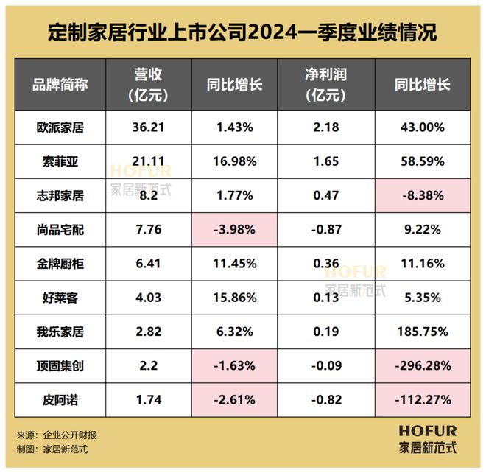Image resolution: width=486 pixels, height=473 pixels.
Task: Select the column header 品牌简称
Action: coord(60,84)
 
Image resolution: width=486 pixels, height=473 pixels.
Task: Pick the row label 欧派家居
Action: coord(60,127)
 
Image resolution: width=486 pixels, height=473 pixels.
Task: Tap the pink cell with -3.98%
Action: coord(235,230)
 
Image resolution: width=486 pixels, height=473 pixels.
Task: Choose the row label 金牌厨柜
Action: coord(60,264)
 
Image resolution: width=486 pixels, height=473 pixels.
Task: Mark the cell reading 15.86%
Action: coord(235,298)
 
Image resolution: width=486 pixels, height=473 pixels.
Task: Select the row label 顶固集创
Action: coord(60,365)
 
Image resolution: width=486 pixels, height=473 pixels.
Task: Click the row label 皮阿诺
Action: coord(60,399)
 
